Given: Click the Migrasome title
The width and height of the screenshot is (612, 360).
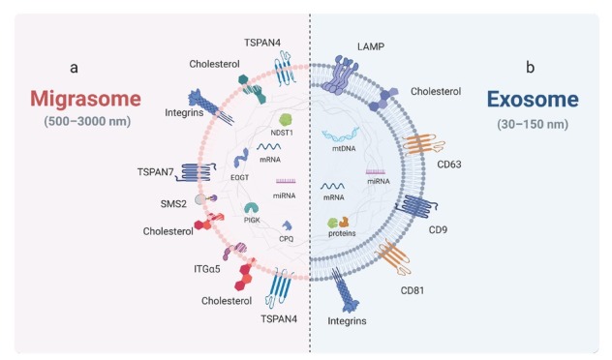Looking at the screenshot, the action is point(85,99).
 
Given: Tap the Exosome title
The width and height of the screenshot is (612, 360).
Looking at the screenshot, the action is point(533,99).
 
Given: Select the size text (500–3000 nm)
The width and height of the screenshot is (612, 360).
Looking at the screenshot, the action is point(87,121).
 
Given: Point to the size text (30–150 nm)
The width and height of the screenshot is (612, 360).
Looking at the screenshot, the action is point(533,125).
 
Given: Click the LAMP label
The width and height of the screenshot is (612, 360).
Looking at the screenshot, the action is point(371,46).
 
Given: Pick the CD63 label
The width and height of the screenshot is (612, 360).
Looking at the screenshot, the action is point(449,165).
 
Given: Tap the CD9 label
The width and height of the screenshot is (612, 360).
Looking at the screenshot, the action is point(438,229).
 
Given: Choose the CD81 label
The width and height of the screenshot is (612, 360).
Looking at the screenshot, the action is point(413,290).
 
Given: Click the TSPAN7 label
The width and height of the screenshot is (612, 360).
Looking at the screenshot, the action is point(155,172).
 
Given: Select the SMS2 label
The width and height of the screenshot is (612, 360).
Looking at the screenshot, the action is point(173,203).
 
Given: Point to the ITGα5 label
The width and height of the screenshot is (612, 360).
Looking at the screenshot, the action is point(207,269).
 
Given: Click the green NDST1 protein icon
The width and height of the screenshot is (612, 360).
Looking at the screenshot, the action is point(286,120).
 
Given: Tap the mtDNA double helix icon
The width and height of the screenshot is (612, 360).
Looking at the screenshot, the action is point(340,135).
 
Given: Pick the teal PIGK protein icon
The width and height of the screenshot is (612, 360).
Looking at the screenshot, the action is point(252,208).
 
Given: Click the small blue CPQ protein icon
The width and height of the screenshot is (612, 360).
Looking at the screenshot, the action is point(288,225).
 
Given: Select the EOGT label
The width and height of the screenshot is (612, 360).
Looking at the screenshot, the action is point(239,177).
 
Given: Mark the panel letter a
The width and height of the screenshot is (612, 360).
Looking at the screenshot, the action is point(74,68).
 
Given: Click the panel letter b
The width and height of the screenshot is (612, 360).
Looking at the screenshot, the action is point(530,67).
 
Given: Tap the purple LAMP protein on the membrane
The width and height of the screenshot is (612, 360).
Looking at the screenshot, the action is point(338,75).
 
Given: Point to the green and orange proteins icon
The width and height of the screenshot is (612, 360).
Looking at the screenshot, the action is point(338,223).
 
